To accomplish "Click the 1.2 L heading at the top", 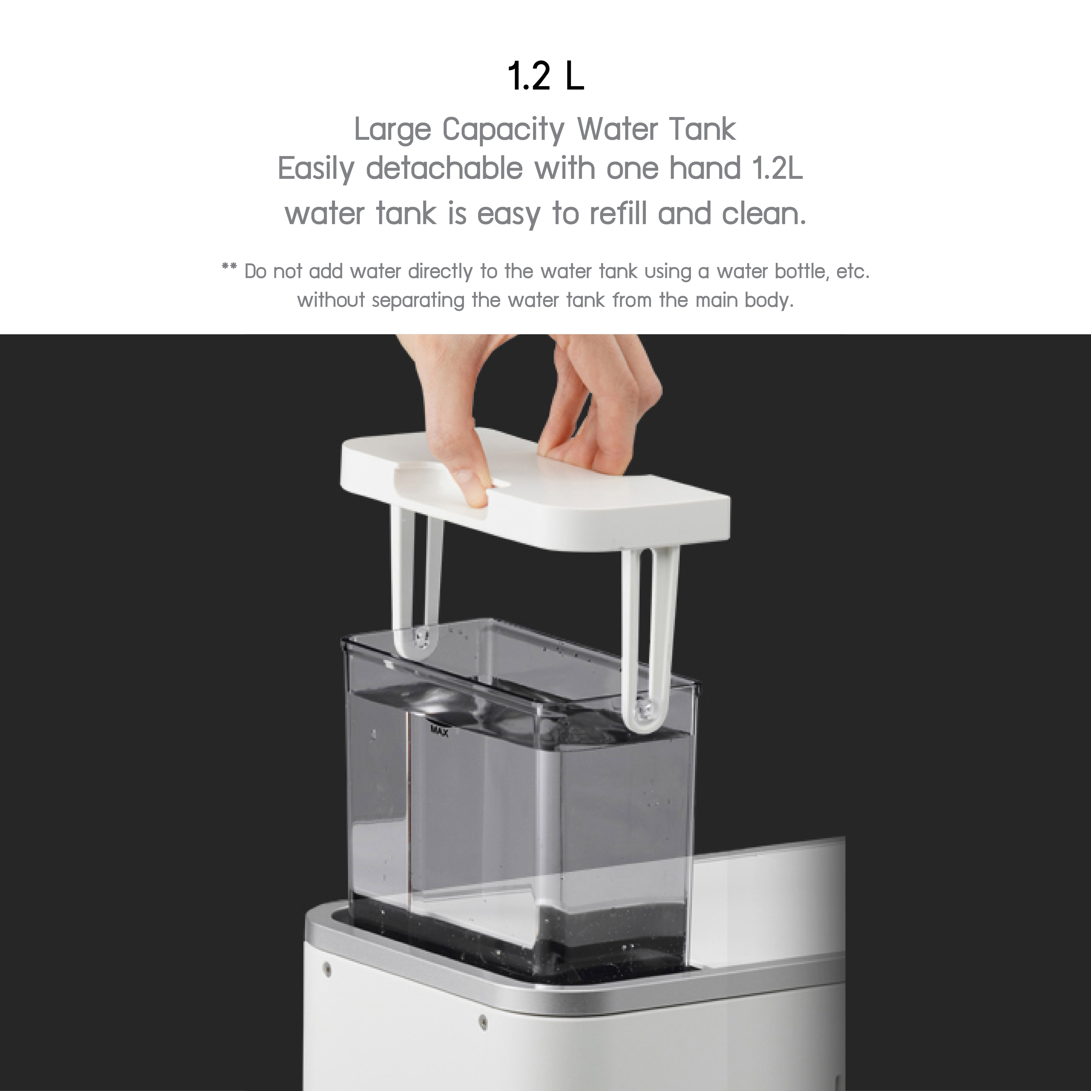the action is coord(546,77).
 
